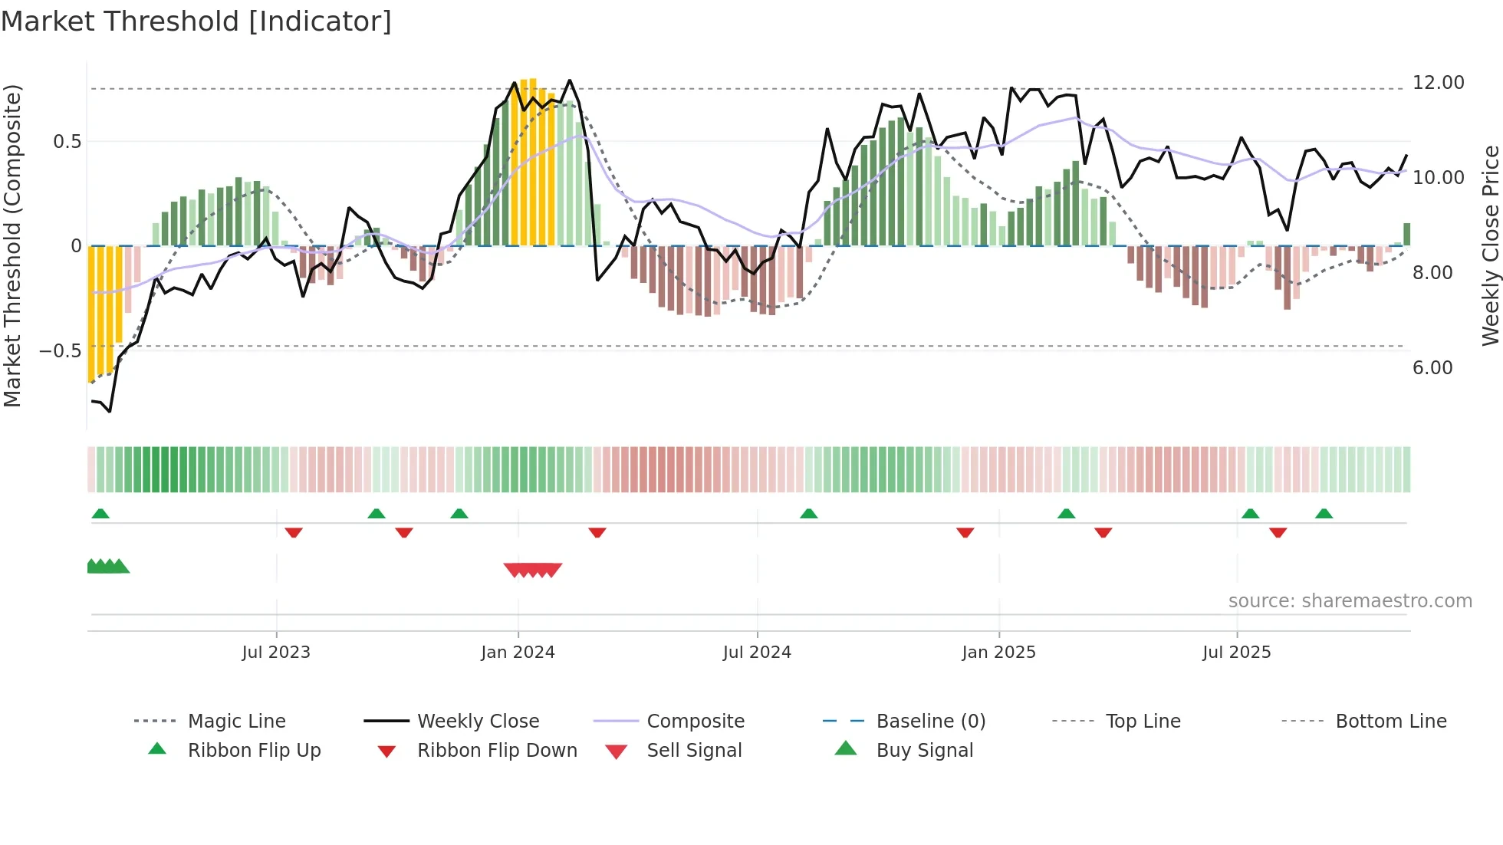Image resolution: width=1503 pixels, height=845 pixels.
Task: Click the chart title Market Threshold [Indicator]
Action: pos(196,21)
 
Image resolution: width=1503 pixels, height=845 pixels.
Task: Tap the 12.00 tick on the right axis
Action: pos(1438,83)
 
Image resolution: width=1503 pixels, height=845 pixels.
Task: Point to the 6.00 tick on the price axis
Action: pos(1432,368)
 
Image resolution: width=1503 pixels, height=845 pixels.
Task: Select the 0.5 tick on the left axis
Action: pos(67,142)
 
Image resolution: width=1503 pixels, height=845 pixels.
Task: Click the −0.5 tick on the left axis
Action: pos(60,351)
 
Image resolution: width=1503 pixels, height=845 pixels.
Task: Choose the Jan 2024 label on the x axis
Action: pos(518,653)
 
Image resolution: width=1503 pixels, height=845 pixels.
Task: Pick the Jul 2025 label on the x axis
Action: pos(1236,653)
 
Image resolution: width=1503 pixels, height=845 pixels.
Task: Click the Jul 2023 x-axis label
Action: pos(276,653)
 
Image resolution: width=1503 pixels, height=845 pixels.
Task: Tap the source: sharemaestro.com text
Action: pos(1350,601)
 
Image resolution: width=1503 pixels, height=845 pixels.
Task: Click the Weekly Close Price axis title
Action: pos(1490,245)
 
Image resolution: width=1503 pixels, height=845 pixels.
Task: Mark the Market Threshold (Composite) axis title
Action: pos(12,245)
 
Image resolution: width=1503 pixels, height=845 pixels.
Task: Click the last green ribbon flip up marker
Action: pos(1324,514)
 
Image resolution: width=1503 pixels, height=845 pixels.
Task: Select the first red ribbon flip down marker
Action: pos(294,532)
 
